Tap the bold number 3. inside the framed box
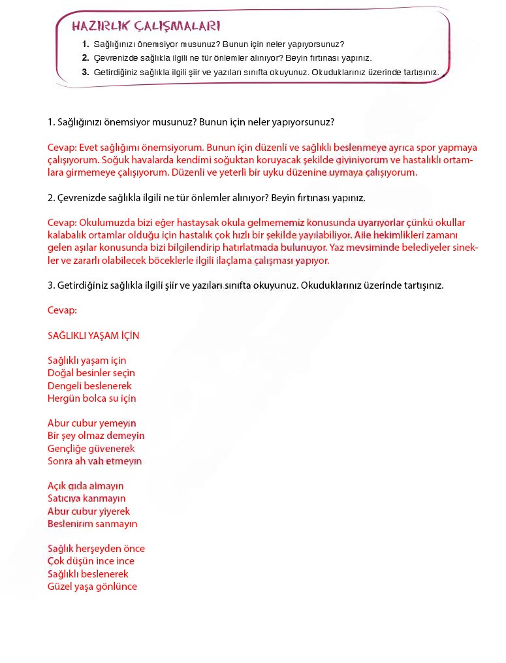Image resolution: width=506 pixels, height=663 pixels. point(86,72)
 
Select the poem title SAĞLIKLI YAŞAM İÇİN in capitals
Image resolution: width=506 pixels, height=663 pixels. point(93,335)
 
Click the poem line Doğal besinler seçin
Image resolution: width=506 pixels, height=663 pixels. point(91,373)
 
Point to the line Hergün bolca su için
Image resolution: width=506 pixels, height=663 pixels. point(92,398)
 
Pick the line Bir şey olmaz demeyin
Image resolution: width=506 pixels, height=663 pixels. point(96,436)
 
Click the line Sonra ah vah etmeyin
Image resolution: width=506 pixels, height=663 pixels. point(95,461)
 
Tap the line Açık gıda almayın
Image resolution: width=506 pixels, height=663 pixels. point(86,486)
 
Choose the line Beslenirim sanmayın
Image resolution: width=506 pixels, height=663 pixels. point(93,523)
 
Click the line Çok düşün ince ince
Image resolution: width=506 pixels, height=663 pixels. point(91,561)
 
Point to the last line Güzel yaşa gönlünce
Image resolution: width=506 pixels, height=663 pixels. point(92,586)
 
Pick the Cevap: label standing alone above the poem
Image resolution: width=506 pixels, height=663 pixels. point(62,310)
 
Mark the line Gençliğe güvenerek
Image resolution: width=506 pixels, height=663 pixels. point(91,448)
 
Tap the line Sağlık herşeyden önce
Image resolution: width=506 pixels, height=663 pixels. point(96,549)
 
